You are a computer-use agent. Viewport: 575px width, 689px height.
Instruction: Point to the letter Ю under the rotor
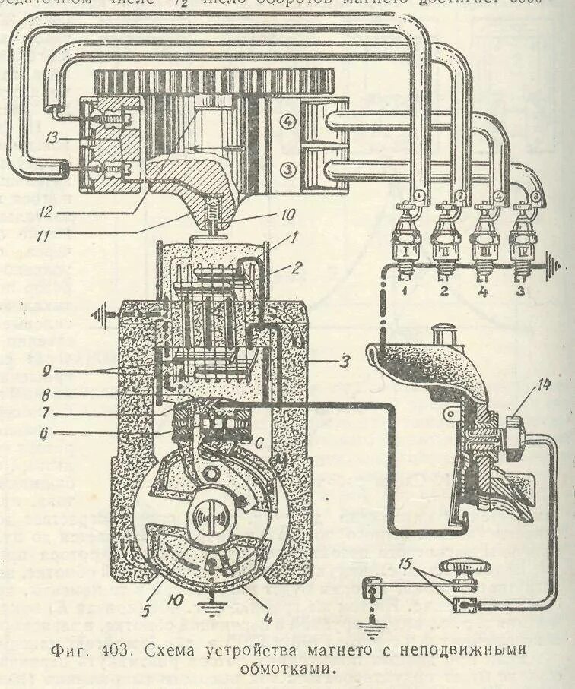pos(176,600)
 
